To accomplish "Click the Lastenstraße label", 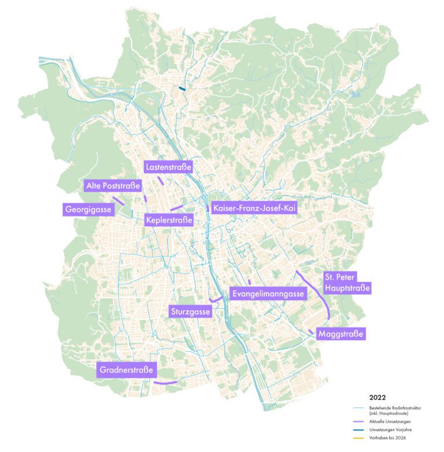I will (x=168, y=168).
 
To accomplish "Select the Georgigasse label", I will (x=88, y=210).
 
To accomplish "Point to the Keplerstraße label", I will (x=169, y=220).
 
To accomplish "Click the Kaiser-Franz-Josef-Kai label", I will (x=254, y=208).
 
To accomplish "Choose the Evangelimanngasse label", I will (x=268, y=294).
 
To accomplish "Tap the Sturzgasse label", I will (x=190, y=312).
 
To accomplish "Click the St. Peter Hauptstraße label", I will (x=346, y=282).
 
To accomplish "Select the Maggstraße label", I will (x=342, y=334).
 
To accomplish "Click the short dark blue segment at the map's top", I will (x=182, y=89).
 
